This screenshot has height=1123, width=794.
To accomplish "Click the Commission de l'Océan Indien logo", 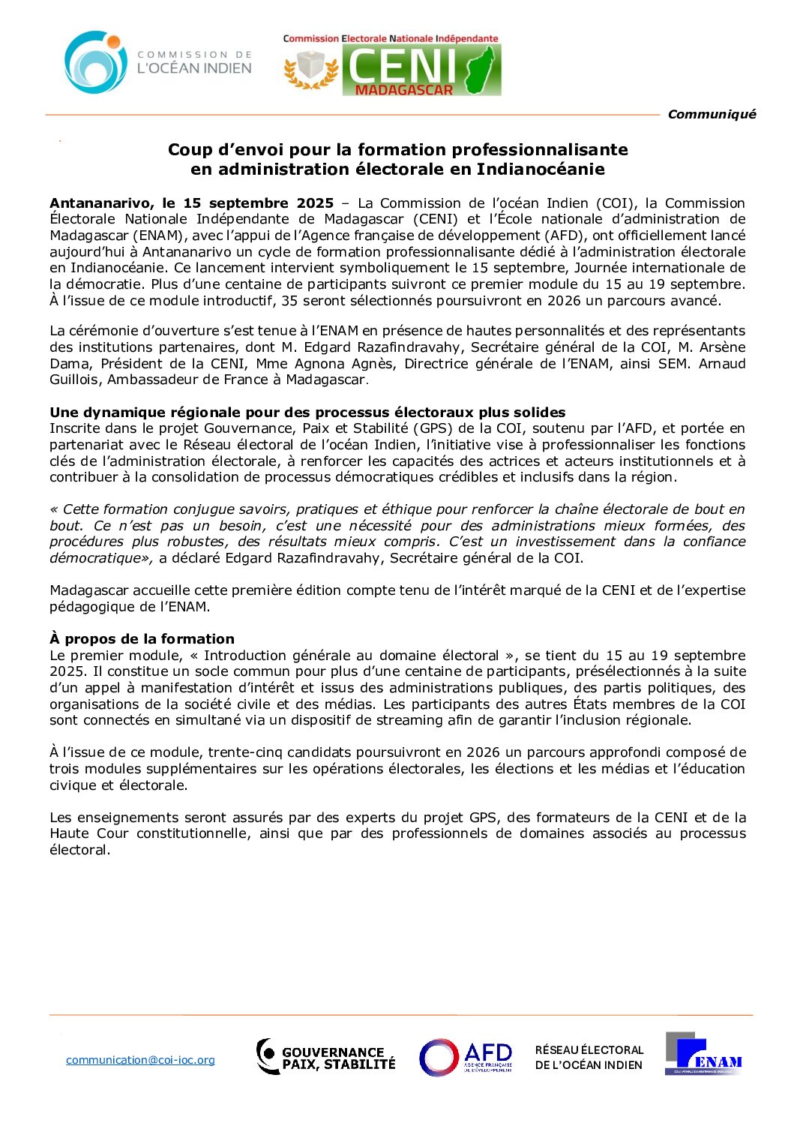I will [x=157, y=62].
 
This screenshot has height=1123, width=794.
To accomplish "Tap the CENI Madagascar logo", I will [x=391, y=66].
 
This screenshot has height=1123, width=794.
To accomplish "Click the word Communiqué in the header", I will [x=712, y=114].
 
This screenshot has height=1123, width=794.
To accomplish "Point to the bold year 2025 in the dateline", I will [x=315, y=203].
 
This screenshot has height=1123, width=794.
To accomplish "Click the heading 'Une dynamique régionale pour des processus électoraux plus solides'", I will [x=307, y=413].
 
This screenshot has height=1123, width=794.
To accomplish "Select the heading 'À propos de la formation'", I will [x=142, y=639].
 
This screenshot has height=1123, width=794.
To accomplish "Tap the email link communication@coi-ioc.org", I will [x=140, y=1060].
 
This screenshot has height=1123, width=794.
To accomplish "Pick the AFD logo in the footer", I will [x=466, y=1057].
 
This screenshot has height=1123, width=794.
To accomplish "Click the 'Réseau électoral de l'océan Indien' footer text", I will [x=589, y=1058].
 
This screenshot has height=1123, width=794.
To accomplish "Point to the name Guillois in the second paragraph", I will [x=76, y=380].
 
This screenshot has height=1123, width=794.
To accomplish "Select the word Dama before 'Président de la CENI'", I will [x=69, y=364].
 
